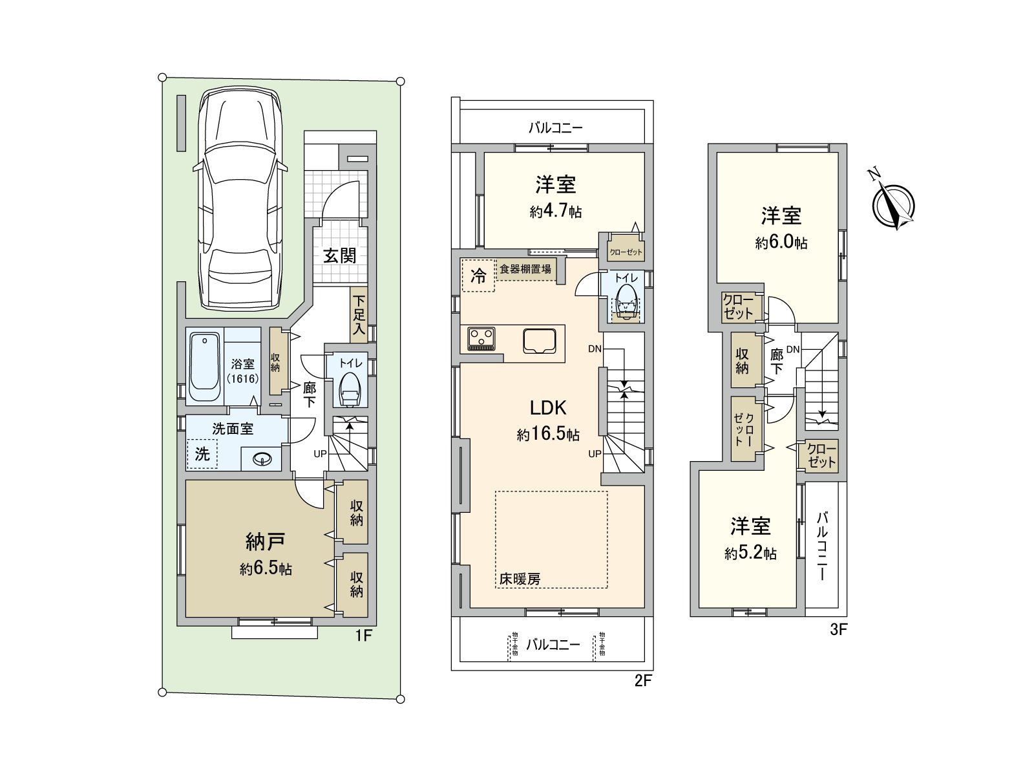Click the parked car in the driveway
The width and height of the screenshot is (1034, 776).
[x=239, y=200]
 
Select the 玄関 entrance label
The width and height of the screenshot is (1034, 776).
[x=340, y=256]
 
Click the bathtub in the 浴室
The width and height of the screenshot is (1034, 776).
[x=205, y=367]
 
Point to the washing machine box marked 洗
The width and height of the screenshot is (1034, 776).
[x=202, y=454]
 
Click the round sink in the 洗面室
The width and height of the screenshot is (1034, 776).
[x=262, y=459]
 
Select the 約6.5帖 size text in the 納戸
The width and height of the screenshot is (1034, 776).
[x=266, y=569]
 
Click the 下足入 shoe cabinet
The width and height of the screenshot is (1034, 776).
[x=358, y=315]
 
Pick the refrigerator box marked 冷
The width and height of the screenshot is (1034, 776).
[x=478, y=277]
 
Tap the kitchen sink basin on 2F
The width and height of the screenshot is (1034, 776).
[x=540, y=340]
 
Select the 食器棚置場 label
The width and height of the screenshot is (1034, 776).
[x=525, y=269]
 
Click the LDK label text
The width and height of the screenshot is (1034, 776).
[x=547, y=408]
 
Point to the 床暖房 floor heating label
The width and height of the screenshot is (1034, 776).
[x=519, y=579]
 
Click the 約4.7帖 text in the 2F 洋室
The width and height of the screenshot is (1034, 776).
[x=556, y=211]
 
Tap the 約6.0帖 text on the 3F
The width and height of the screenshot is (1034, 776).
[x=781, y=243]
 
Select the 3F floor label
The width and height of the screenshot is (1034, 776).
[x=838, y=630]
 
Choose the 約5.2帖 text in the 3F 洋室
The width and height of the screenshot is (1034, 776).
[x=750, y=554]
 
